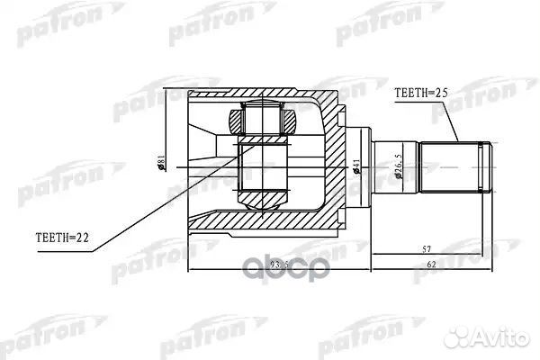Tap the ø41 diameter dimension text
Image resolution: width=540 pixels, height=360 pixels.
coord(356,166)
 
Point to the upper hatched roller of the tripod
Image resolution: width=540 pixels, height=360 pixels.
coord(263,120)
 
